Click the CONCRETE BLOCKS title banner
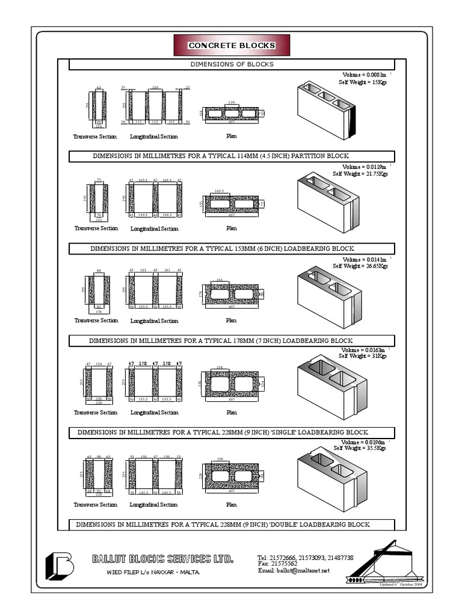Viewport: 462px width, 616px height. [232, 46]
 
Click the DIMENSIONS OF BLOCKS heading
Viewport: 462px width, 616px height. [232, 64]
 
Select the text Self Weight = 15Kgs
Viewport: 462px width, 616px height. [362, 82]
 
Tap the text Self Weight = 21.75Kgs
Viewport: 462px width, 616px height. [360, 174]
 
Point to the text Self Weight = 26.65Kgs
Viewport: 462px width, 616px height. [362, 265]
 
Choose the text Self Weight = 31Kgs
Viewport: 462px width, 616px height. [362, 356]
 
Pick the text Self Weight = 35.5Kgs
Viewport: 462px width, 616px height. [362, 448]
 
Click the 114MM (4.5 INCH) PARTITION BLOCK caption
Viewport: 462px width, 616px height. [232, 156]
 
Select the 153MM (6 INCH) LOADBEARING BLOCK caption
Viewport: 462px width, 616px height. [232, 248]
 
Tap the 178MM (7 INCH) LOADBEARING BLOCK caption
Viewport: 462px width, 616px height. [232, 341]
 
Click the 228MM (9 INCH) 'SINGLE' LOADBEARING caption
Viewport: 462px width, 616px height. [232, 433]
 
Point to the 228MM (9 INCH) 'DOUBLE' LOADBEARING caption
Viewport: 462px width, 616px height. [232, 525]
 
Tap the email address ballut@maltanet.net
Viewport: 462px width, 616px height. [294, 571]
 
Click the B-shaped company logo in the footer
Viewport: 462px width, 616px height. [60, 564]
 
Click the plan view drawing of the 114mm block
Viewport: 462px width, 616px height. [232, 113]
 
